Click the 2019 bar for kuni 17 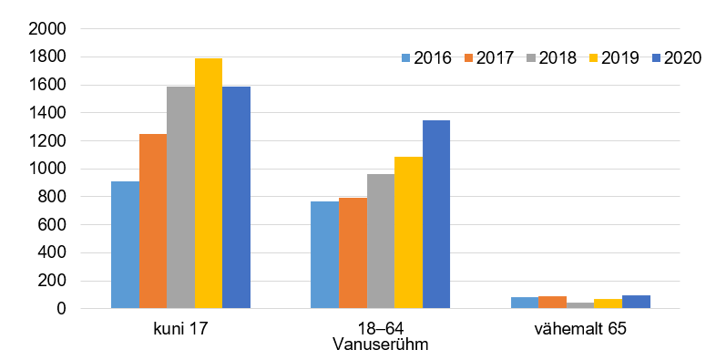[x=209, y=183]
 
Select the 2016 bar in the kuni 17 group [x=125, y=244]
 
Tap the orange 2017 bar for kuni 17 [x=153, y=221]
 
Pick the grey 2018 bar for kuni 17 [x=180, y=197]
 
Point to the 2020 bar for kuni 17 [x=236, y=197]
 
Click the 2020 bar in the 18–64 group [x=435, y=214]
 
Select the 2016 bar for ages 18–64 [x=324, y=254]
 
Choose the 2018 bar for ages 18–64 [x=380, y=241]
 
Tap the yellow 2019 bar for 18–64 [x=408, y=232]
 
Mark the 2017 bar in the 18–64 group [x=353, y=252]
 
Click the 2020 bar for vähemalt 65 [x=636, y=302]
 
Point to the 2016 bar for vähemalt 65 [x=524, y=303]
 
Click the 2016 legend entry [x=426, y=58]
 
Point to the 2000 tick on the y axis [x=47, y=29]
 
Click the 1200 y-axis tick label [x=47, y=141]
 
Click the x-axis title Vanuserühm [x=380, y=345]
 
